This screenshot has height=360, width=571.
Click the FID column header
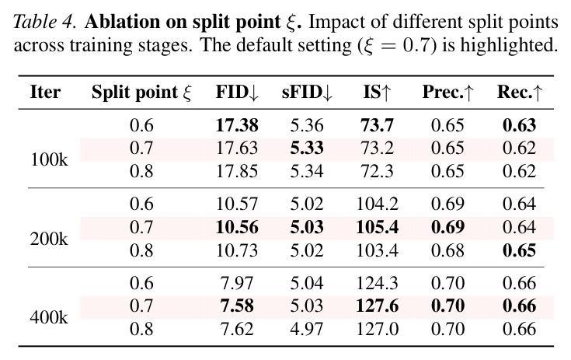pos(237,92)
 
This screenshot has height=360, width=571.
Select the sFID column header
pos(307,92)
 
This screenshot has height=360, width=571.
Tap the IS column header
pos(377,92)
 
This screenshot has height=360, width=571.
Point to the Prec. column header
pos(448,92)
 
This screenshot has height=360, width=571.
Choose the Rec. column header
pos(520,92)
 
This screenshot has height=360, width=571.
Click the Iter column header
pos(45,92)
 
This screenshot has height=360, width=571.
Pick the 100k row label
pos(49,159)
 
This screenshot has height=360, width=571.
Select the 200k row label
pos(49,239)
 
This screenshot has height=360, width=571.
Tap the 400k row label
pos(49,317)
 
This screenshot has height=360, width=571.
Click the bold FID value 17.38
pos(237,125)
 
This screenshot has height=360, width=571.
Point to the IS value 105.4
pos(378,227)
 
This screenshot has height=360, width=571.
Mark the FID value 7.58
pos(237,306)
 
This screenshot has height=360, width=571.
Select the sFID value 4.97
pos(307,329)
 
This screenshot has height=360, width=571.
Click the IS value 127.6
pos(378,306)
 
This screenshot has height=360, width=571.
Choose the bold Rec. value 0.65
pos(519,250)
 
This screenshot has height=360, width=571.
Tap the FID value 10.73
pos(237,250)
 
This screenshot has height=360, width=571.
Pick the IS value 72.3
pos(378,171)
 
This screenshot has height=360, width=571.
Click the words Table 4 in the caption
pos(45,22)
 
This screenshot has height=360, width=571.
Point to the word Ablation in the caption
pos(123,22)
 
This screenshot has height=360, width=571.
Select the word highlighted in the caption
pos(509,46)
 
